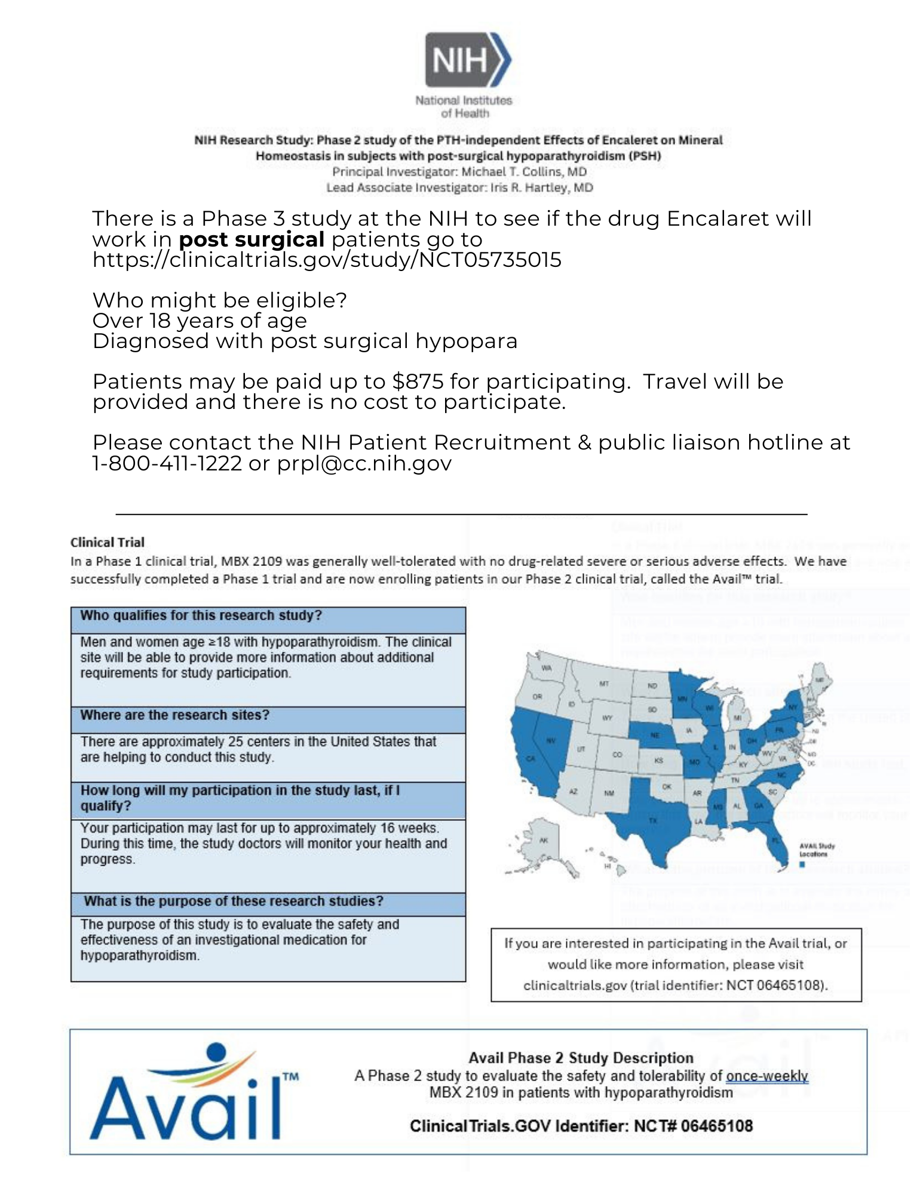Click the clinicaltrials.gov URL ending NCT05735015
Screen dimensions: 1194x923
pos(327,260)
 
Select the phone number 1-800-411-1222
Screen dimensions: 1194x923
pos(167,463)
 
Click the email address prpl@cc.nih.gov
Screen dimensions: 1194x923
pos(364,463)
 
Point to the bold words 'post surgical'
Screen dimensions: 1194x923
pos(252,240)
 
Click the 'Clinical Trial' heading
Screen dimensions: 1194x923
pos(108,543)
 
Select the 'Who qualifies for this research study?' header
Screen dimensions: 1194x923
pos(201,616)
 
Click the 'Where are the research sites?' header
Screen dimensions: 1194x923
pos(174,715)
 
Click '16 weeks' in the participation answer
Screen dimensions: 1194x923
pos(413,829)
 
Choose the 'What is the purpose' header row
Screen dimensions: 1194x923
pos(233,901)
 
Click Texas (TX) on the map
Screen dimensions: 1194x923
pos(652,821)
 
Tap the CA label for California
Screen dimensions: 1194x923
pos(529,759)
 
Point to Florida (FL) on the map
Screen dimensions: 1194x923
pos(775,840)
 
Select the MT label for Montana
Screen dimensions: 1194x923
pos(603,684)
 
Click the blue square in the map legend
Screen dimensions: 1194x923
pos(801,864)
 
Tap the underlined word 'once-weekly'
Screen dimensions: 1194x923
pos(766,1076)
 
